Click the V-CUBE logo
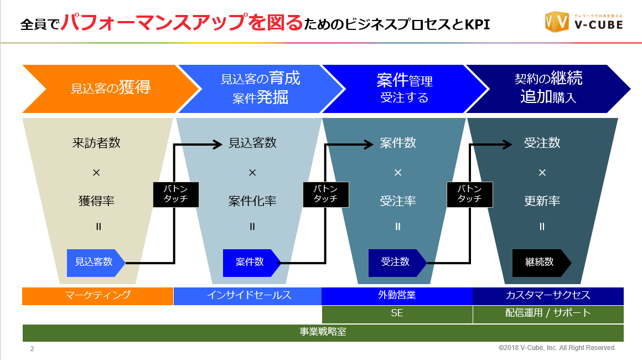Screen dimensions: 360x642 pyautogui.click(x=584, y=22)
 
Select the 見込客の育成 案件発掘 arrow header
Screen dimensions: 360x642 pyautogui.click(x=260, y=89)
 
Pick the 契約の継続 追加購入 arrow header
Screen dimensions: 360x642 pyautogui.click(x=548, y=89)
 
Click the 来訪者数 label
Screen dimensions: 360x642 pyautogui.click(x=96, y=143)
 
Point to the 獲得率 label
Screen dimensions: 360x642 pyautogui.click(x=96, y=201)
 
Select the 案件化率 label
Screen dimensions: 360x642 pyautogui.click(x=252, y=201)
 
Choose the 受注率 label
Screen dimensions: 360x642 pyautogui.click(x=397, y=201)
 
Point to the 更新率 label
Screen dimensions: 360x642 pyautogui.click(x=542, y=201)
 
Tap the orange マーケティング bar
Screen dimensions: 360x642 pyautogui.click(x=98, y=296)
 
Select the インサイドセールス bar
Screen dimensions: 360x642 pyautogui.click(x=248, y=296)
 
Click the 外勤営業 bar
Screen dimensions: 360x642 pyautogui.click(x=397, y=296)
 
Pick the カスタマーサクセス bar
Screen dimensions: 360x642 pyautogui.click(x=548, y=296)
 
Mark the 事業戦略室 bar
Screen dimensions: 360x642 pyautogui.click(x=323, y=332)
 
